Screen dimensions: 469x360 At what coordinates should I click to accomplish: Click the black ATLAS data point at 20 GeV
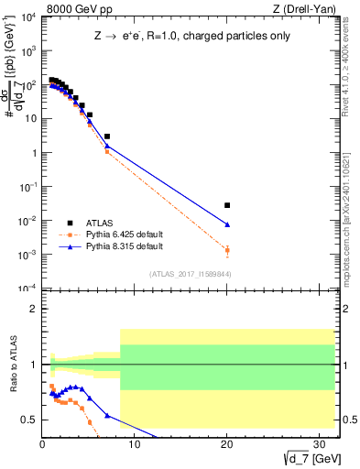point(227,205)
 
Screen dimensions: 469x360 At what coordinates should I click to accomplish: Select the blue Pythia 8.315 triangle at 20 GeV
point(227,224)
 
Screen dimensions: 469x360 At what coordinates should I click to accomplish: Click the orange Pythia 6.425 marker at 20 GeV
point(227,250)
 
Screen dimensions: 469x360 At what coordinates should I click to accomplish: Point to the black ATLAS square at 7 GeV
point(107,136)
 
